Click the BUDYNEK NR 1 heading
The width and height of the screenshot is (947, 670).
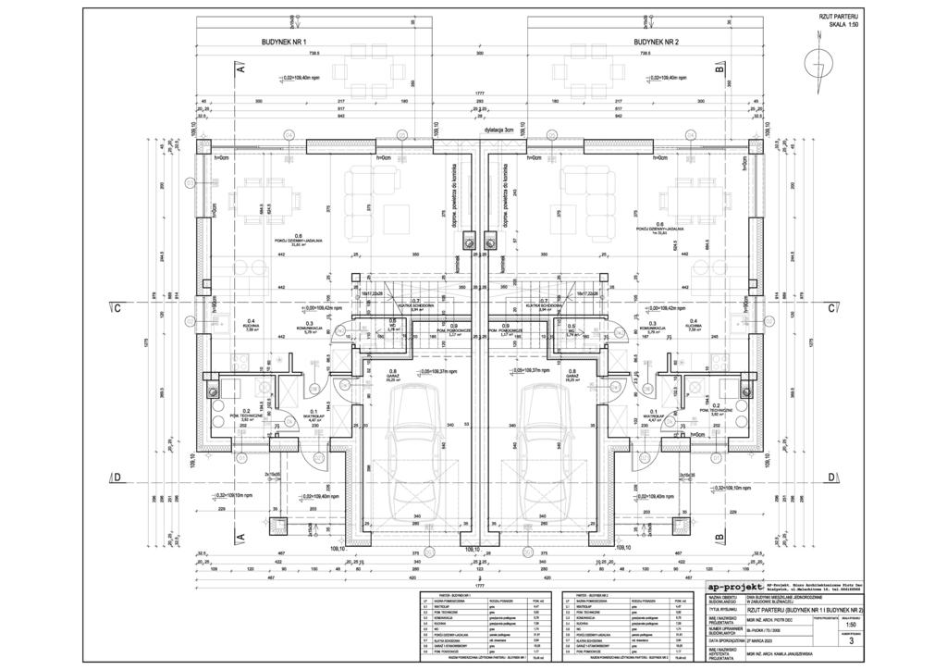pyautogui.click(x=284, y=43)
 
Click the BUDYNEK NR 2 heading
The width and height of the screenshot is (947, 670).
pyautogui.click(x=656, y=43)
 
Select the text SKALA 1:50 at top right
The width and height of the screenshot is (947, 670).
pyautogui.click(x=839, y=26)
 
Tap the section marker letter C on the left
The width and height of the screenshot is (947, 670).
pyautogui.click(x=117, y=309)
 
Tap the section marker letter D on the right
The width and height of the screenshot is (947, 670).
pyautogui.click(x=831, y=478)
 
